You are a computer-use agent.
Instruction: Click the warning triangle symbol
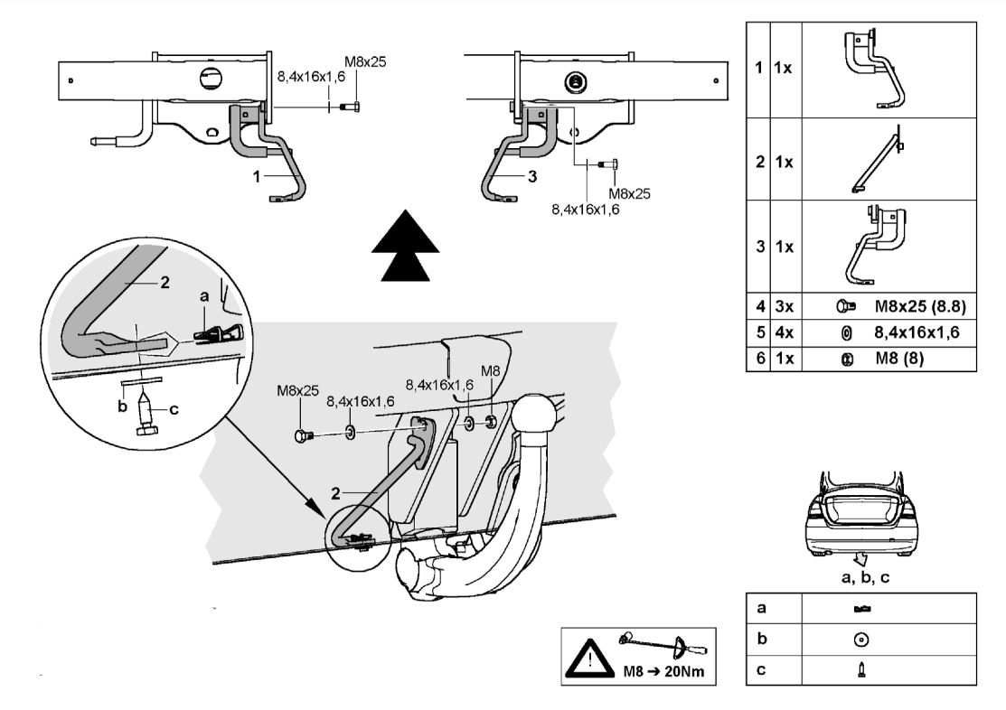click(x=592, y=655)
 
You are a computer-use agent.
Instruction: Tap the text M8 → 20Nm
click(x=665, y=674)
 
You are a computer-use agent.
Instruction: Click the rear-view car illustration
click(x=860, y=512)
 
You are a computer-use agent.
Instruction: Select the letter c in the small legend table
click(x=761, y=669)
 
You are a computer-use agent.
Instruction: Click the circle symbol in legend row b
click(x=861, y=640)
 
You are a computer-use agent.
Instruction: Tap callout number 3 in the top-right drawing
click(x=532, y=177)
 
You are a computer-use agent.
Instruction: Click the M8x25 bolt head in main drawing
click(x=302, y=436)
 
